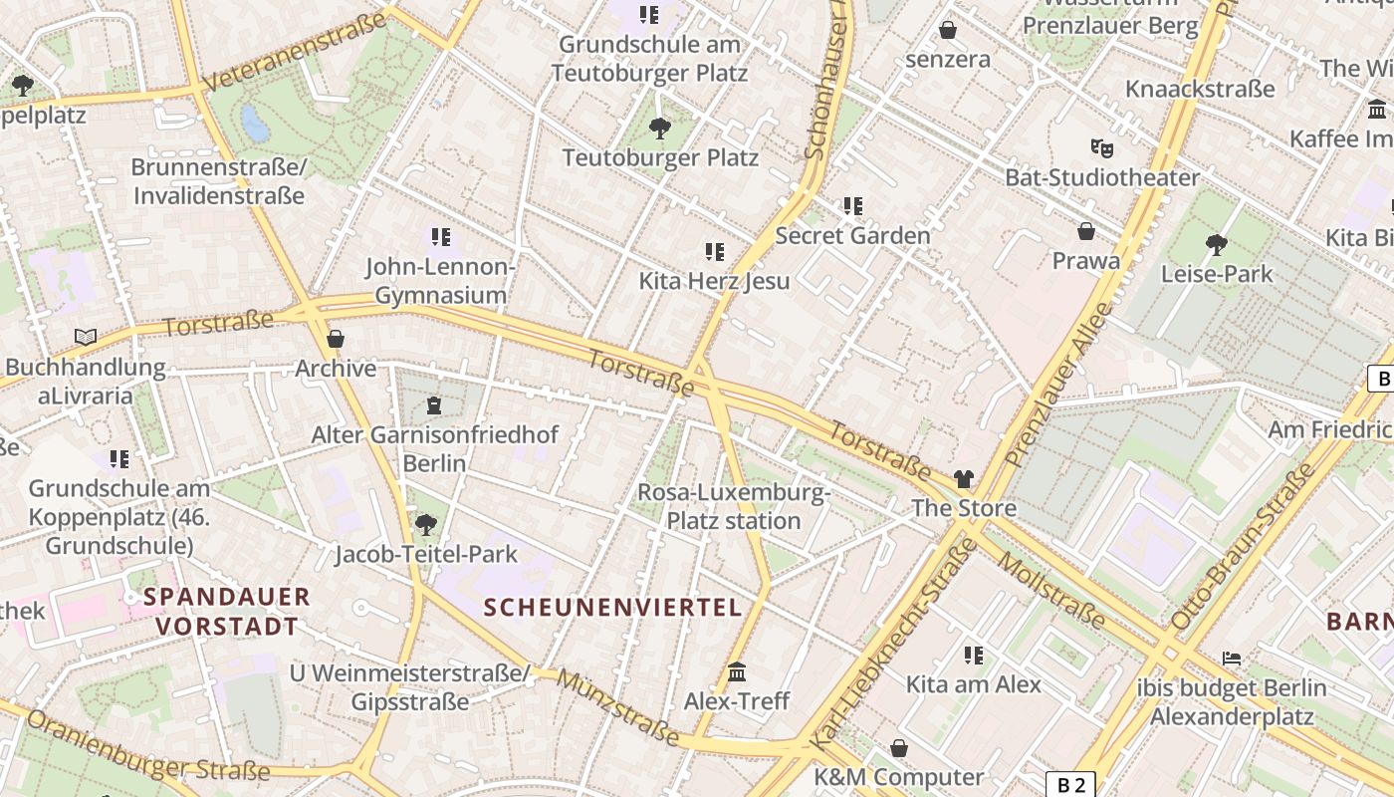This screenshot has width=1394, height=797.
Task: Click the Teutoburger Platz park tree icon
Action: coord(659,128)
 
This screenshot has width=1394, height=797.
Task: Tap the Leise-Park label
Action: coord(1217,273)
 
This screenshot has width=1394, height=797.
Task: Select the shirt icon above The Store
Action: coord(963,479)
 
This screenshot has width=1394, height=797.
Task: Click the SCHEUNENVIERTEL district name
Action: coord(613,608)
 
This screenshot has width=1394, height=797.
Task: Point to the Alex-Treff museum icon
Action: coord(737,672)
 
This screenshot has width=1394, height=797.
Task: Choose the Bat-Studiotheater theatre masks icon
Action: coord(1100,148)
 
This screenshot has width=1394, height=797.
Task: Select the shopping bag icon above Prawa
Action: coord(1086,231)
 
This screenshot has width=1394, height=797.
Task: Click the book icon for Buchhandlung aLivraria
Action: coord(86,338)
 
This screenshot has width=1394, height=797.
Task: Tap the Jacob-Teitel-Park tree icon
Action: coord(426,524)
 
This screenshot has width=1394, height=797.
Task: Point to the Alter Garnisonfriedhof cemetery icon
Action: coord(434,405)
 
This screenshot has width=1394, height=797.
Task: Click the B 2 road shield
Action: coord(1070,784)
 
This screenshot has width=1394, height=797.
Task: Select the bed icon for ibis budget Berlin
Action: coord(1232,659)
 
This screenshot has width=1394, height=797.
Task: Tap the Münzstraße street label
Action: coord(618,708)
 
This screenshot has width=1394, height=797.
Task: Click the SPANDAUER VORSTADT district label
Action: coord(227,612)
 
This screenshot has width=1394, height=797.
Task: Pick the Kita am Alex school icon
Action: coord(974,655)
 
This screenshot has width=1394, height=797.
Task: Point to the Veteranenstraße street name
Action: coord(295,53)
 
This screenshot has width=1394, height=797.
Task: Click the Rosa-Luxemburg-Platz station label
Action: coord(734,506)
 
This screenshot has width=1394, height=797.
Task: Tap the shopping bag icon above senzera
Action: coord(948,30)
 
